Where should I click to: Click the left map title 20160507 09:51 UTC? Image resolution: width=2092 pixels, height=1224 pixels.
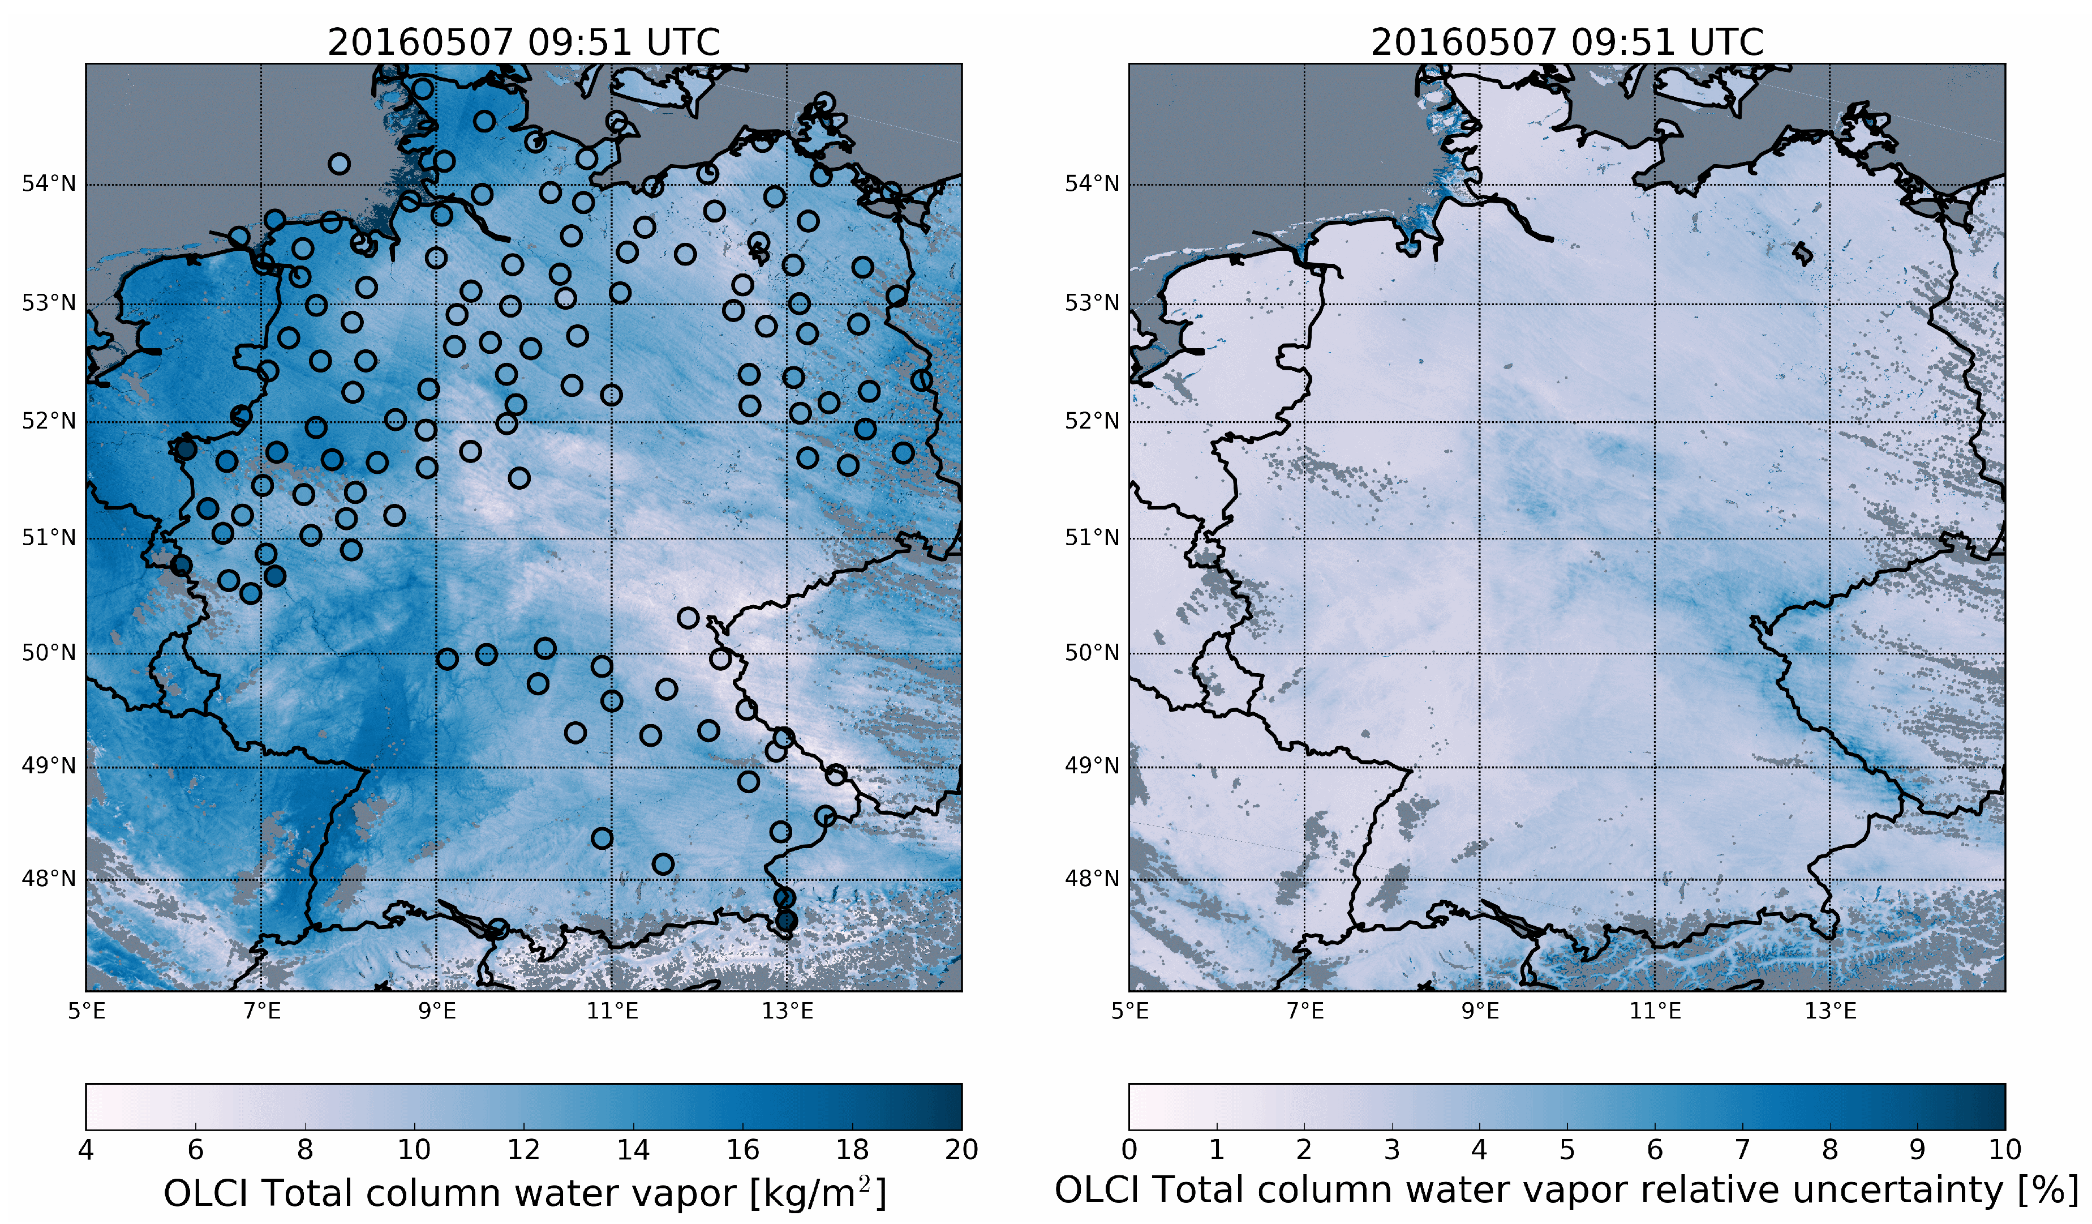pyautogui.click(x=524, y=41)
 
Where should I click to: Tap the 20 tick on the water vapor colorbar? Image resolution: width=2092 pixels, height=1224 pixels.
pyautogui.click(x=961, y=1149)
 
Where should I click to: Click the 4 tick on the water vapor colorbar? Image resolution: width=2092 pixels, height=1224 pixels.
pyautogui.click(x=87, y=1149)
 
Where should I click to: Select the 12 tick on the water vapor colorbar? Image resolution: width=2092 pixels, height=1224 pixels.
pyautogui.click(x=524, y=1149)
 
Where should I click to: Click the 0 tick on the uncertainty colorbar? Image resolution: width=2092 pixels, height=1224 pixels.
pyautogui.click(x=1129, y=1149)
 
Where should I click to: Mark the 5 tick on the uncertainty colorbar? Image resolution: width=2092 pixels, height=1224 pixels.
pyautogui.click(x=1566, y=1149)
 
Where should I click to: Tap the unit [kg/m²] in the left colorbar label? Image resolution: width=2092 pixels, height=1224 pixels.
pyautogui.click(x=818, y=1193)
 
